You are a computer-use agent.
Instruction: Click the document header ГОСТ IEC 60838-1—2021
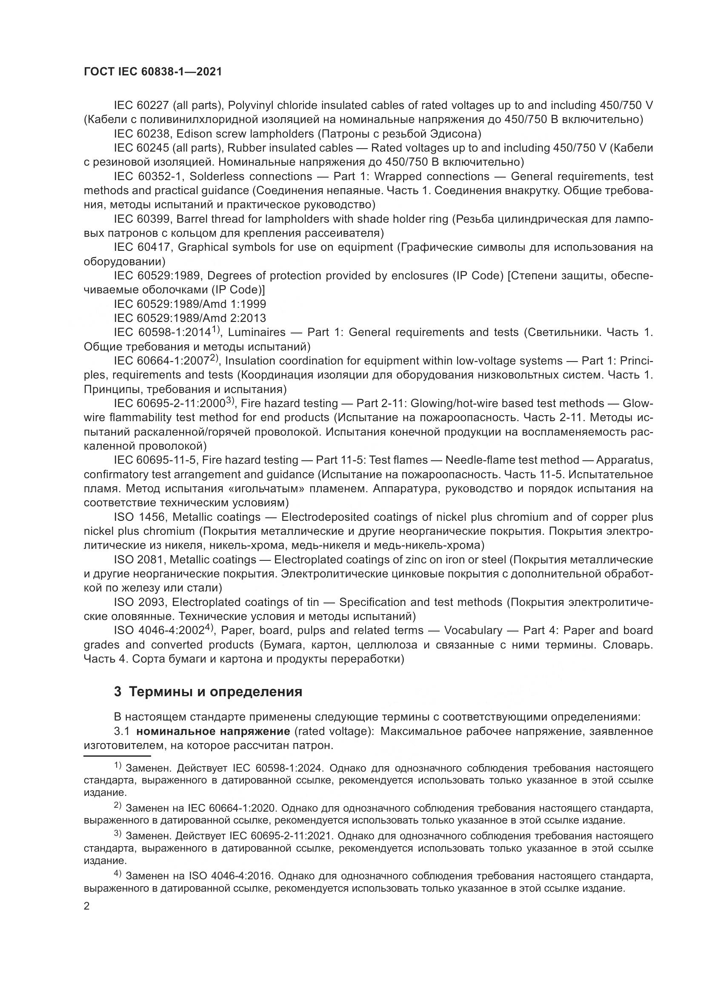pos(153,72)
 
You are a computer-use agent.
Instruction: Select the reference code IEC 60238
pos(142,134)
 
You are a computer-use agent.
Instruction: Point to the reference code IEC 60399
pos(142,219)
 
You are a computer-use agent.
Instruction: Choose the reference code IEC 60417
pos(142,247)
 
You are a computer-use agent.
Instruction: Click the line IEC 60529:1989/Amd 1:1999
pos(190,304)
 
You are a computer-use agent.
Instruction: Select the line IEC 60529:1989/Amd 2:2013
pos(190,318)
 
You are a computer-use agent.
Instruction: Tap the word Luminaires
pos(257,332)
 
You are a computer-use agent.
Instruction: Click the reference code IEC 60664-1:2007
pos(163,361)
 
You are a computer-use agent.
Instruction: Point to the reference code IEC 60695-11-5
pos(155,460)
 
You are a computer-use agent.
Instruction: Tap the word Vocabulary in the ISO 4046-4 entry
pos(473,630)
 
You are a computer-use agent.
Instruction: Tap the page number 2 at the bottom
pos(87,906)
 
